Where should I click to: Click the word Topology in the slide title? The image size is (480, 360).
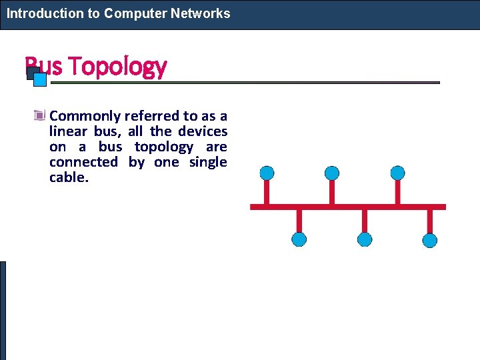click(x=117, y=67)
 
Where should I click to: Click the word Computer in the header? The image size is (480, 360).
click(x=133, y=13)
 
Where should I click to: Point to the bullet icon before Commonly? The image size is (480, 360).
click(x=41, y=116)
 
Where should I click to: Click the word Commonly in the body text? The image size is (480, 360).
click(x=85, y=116)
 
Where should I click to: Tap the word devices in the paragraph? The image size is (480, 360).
click(x=203, y=131)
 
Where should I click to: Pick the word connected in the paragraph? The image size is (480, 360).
click(x=83, y=162)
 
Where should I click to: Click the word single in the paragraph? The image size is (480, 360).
click(x=208, y=162)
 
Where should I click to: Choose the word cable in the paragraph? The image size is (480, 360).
click(x=67, y=177)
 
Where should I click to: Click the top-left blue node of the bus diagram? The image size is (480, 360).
click(x=267, y=173)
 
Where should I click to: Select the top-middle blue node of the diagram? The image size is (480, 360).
click(x=332, y=173)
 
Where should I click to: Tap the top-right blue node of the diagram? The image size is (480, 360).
click(x=397, y=173)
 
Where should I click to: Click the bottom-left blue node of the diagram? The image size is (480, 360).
click(x=299, y=239)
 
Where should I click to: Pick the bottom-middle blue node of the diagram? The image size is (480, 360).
click(x=365, y=239)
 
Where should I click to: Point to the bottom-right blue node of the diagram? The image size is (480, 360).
click(x=430, y=240)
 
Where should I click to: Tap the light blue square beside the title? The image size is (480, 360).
click(x=40, y=80)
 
